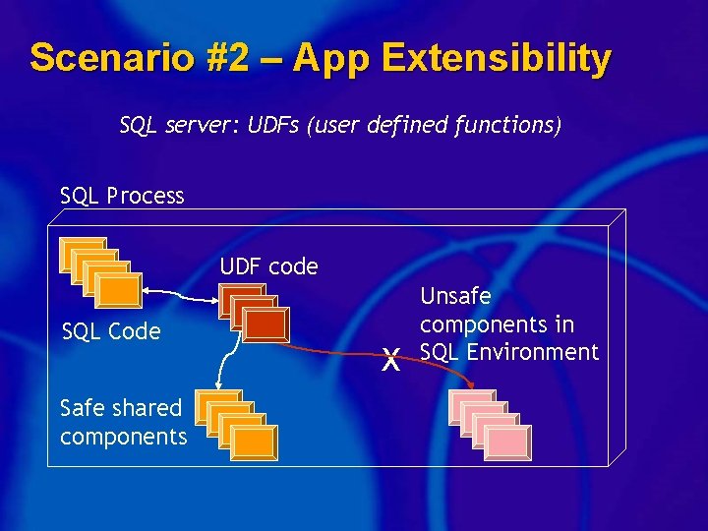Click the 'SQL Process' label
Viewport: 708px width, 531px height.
[122, 196]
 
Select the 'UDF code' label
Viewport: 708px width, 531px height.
[268, 266]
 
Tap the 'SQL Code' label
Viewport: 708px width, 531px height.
[111, 331]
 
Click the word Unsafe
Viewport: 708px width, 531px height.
[455, 296]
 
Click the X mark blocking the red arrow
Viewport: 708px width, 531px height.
[390, 361]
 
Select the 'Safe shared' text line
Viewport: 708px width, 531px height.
[121, 407]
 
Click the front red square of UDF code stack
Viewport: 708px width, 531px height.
[265, 325]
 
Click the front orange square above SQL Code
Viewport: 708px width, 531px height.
[120, 290]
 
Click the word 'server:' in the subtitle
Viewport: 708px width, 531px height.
[196, 126]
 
